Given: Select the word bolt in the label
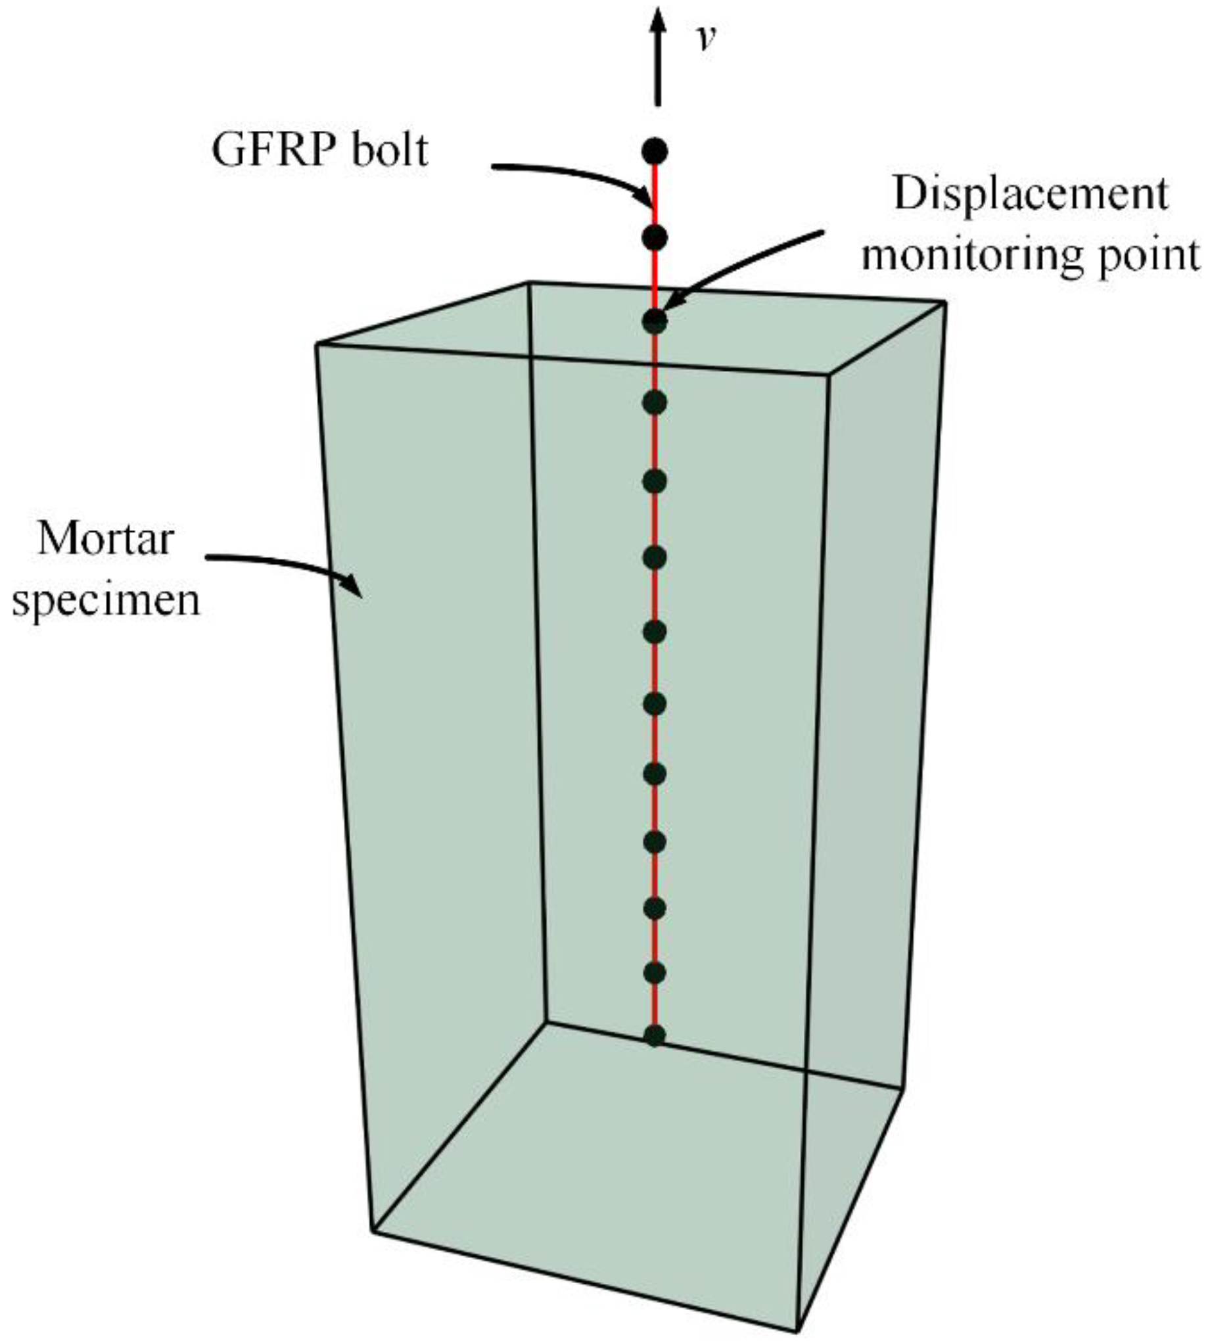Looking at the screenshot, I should [392, 151].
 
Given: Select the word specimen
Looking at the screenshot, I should [106, 599].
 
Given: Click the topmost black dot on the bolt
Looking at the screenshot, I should [655, 151].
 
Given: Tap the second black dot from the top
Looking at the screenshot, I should [655, 237].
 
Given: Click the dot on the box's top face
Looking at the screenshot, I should [655, 321].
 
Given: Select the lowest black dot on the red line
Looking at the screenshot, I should [655, 1036].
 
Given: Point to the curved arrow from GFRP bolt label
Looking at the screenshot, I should [578, 176].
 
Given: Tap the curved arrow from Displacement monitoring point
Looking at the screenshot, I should [745, 266].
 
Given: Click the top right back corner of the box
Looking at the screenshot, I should [944, 303].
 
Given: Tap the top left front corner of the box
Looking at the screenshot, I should [316, 344].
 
